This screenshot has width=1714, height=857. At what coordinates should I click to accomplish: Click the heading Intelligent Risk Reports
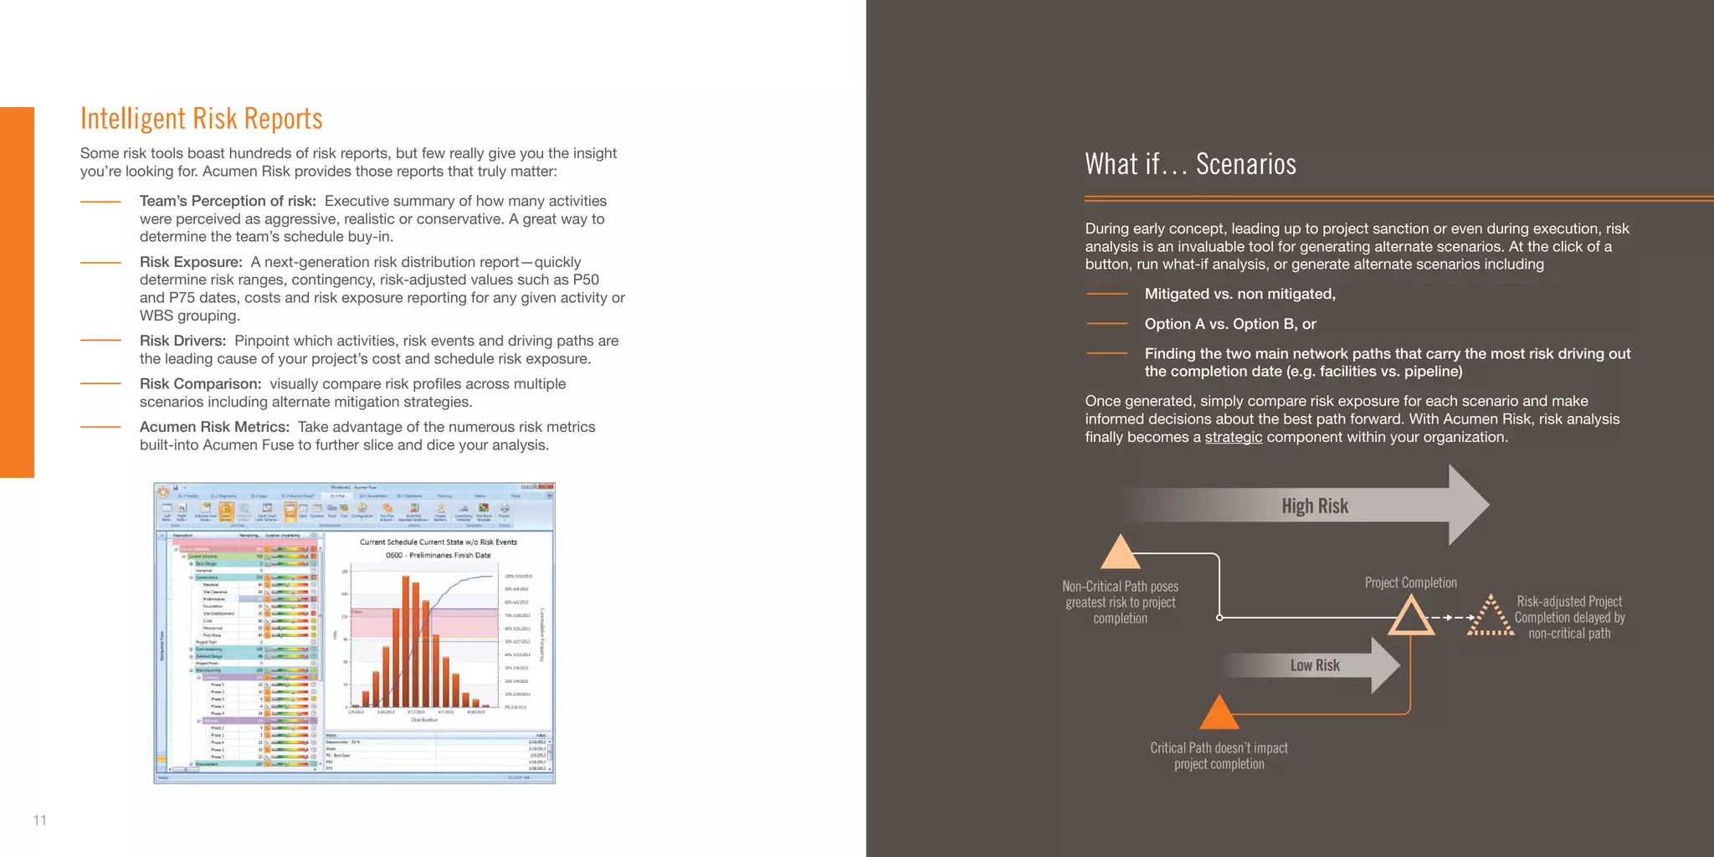[201, 119]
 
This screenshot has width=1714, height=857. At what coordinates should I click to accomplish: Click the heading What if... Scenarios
[1190, 164]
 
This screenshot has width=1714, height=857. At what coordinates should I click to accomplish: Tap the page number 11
[39, 820]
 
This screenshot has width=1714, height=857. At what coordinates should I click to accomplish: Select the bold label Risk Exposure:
[191, 262]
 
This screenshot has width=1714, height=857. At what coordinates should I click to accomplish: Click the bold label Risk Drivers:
[182, 341]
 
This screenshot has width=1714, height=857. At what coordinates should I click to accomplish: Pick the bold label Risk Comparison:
[200, 384]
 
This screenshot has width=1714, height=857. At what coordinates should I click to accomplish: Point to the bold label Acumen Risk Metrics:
[214, 427]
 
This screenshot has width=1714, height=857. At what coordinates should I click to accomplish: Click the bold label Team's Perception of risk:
[228, 201]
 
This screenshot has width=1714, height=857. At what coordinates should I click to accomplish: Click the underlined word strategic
[1233, 437]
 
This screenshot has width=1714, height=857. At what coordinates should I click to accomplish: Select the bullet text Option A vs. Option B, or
[1230, 324]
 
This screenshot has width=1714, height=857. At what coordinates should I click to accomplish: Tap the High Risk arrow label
[1314, 505]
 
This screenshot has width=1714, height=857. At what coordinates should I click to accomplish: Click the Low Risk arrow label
[1314, 665]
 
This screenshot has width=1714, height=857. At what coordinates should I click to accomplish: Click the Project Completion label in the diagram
[1410, 582]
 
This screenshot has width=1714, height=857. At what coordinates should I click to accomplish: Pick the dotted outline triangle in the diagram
[1490, 618]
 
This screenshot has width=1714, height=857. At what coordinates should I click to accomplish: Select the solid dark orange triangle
[1219, 714]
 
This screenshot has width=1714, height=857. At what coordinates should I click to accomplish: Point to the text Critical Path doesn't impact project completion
[1219, 756]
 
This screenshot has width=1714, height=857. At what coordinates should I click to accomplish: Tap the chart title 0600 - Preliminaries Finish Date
[438, 555]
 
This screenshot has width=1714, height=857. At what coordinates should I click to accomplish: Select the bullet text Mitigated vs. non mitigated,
[1239, 294]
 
